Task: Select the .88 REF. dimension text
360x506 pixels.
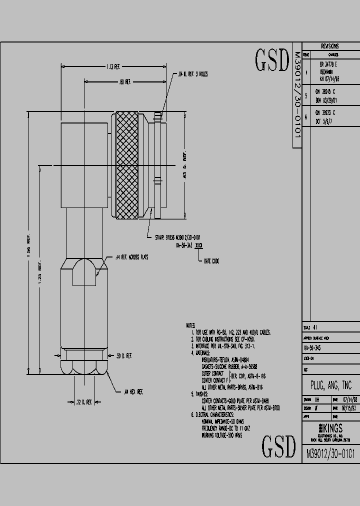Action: click(x=124, y=81)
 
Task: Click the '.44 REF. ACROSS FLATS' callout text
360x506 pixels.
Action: click(x=131, y=257)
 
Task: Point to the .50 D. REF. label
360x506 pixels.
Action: click(x=124, y=355)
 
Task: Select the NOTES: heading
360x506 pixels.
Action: click(x=192, y=325)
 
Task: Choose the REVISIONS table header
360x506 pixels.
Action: click(x=329, y=45)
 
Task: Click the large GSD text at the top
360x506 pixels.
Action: click(x=272, y=60)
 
